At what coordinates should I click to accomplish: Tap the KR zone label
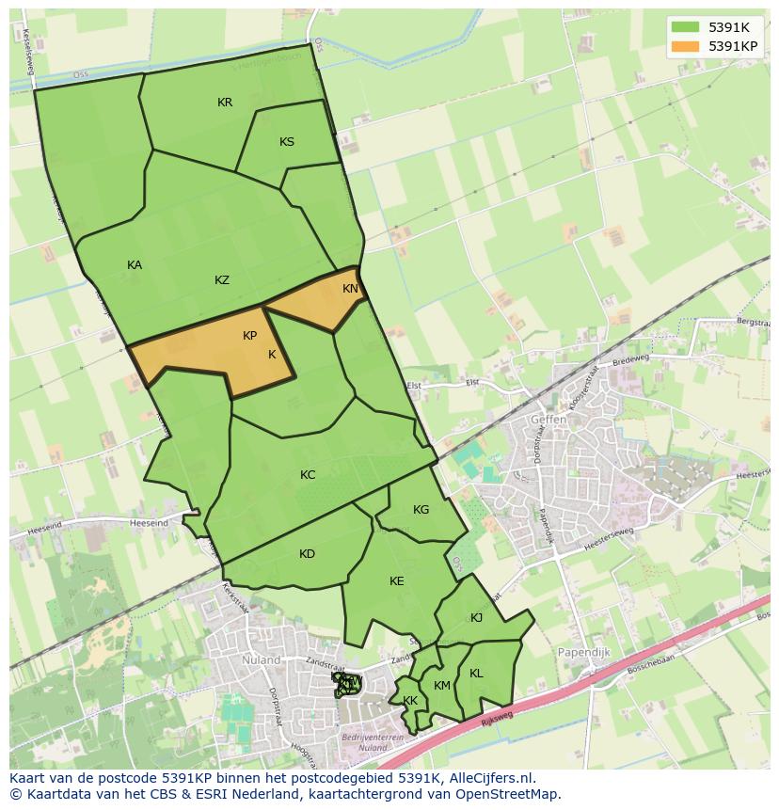[x=225, y=103]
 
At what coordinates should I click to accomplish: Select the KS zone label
[x=287, y=142]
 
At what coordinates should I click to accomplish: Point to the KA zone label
[x=135, y=265]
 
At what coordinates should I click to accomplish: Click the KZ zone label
[x=222, y=280]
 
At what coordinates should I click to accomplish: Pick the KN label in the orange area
[x=350, y=289]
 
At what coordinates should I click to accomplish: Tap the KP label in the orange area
[x=249, y=336]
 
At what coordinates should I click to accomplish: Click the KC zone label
[x=308, y=475]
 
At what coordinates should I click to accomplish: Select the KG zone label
[x=421, y=510]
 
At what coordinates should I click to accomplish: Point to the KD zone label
[x=307, y=554]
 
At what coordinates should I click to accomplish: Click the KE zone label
[x=396, y=581]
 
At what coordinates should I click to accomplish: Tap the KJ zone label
[x=476, y=618]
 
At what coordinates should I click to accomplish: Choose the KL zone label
[x=476, y=674]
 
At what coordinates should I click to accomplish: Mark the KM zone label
[x=442, y=686]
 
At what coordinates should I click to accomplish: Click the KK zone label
[x=410, y=701]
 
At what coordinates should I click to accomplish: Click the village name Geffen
[x=548, y=420]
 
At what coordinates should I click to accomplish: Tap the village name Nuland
[x=262, y=660]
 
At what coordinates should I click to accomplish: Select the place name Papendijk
[x=585, y=653]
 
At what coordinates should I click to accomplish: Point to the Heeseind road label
[x=150, y=523]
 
